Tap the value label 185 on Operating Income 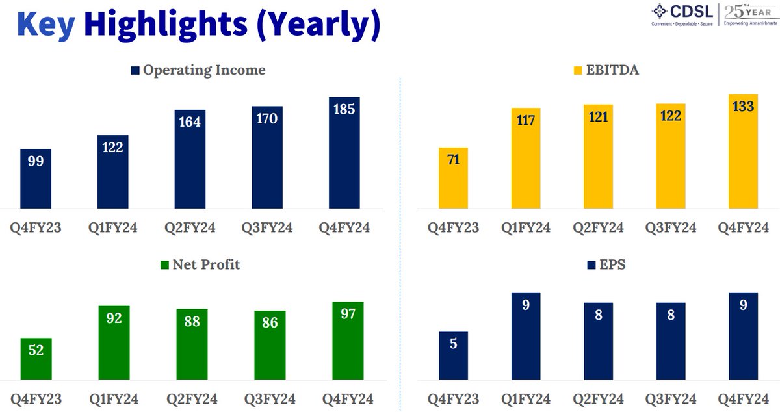pyautogui.click(x=344, y=109)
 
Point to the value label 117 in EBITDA pyautogui.click(x=526, y=120)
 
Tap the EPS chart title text pyautogui.click(x=613, y=265)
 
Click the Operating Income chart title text pyautogui.click(x=204, y=70)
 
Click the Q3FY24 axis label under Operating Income pyautogui.click(x=267, y=227)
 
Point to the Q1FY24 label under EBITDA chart pyautogui.click(x=525, y=227)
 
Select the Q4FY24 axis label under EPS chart pyautogui.click(x=743, y=398)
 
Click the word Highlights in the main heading pyautogui.click(x=166, y=25)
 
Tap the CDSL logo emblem pyautogui.click(x=660, y=12)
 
